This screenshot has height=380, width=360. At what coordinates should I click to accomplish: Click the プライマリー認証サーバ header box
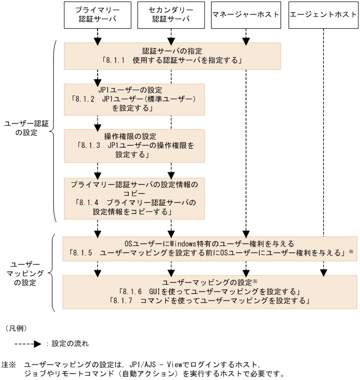click(98, 16)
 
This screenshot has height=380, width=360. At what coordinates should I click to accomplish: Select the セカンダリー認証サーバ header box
click(171, 16)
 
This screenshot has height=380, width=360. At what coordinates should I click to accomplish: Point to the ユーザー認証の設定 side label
click(27, 127)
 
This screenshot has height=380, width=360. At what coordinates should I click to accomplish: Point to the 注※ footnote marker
click(11, 365)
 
